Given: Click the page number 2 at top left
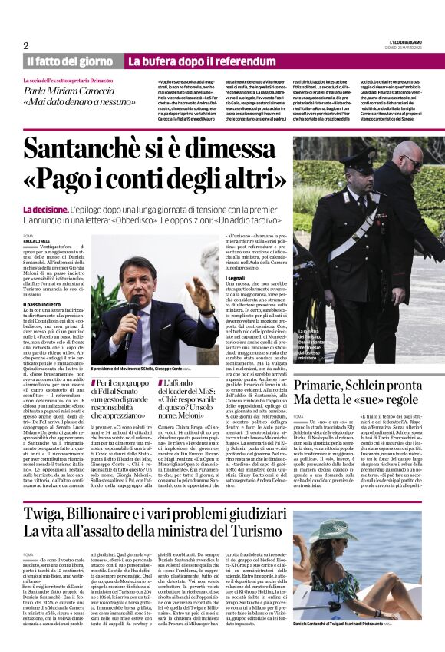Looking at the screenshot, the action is point(25,45).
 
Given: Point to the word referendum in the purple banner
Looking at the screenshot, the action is point(232,61).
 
